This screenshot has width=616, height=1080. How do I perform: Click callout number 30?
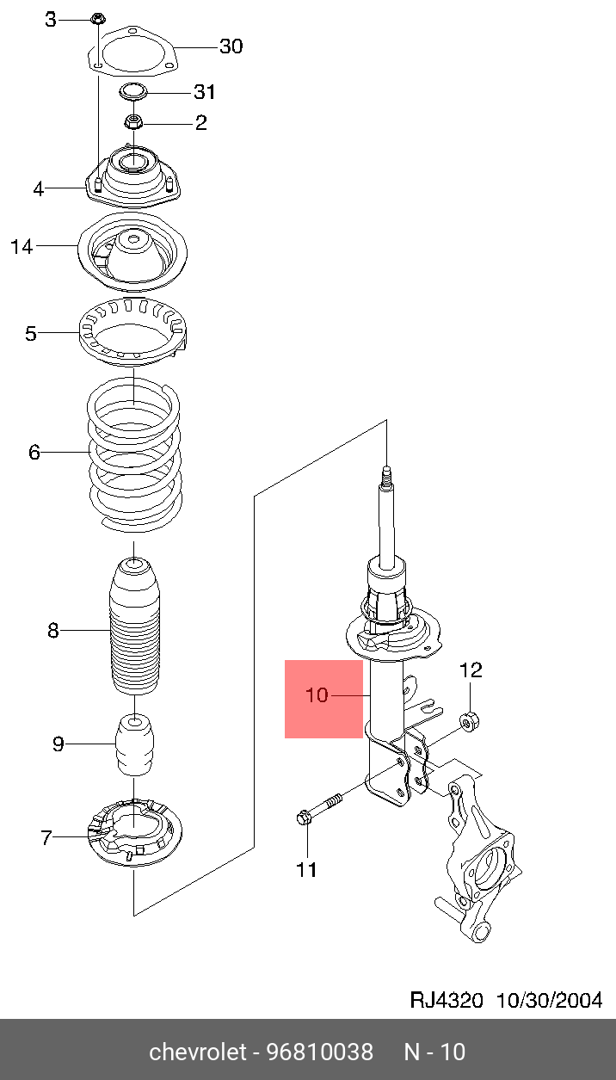coord(231,46)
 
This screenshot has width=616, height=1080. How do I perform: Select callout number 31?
coord(205,92)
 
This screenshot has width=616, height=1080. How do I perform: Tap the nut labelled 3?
coord(97,18)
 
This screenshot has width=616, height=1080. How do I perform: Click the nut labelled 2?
coord(133,122)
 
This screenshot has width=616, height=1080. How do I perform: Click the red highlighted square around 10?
coord(323,700)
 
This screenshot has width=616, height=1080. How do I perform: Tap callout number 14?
coord(22,248)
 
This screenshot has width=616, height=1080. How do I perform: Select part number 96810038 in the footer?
coord(319,1052)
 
